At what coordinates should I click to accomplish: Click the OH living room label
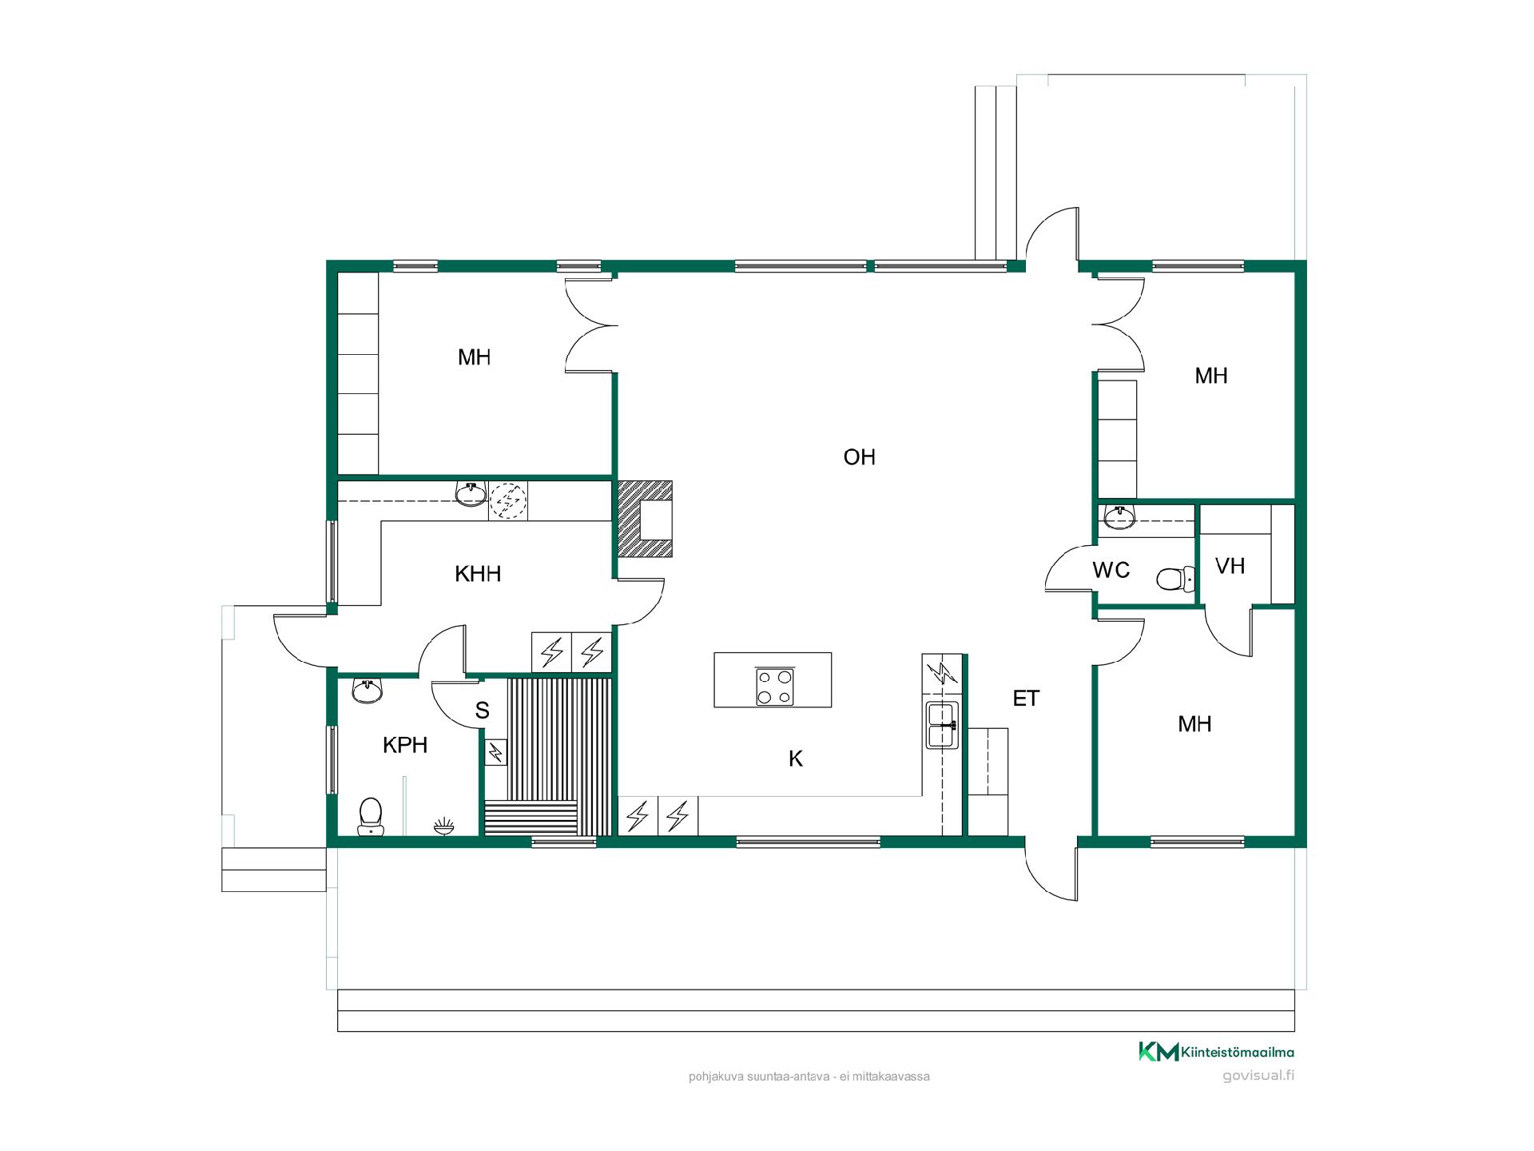(x=860, y=457)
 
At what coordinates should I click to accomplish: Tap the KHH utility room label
(x=478, y=574)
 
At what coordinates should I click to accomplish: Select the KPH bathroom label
(x=405, y=745)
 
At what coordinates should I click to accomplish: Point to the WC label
(x=1111, y=570)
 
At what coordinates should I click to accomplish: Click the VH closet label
(x=1230, y=566)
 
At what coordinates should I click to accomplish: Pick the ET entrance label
(x=1026, y=699)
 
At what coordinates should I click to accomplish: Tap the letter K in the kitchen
(x=796, y=759)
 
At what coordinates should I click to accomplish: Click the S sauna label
(x=482, y=711)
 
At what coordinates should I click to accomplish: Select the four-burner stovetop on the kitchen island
(x=773, y=686)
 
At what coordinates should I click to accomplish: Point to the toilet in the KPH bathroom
(x=370, y=816)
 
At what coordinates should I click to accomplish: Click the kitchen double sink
(x=942, y=725)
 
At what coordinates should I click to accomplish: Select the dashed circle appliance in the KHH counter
(x=508, y=501)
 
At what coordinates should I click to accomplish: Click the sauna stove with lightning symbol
(x=496, y=751)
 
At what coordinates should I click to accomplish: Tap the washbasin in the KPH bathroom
(x=368, y=691)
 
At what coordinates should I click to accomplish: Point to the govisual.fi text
(x=1258, y=1075)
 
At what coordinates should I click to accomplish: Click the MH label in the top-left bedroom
(x=474, y=357)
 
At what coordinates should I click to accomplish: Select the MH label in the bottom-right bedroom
(x=1194, y=724)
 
